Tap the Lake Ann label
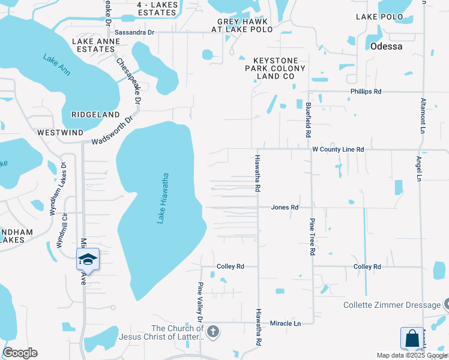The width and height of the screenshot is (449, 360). [x=56, y=65]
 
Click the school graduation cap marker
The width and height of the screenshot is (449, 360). [x=88, y=259]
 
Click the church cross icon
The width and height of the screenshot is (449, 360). [x=213, y=331]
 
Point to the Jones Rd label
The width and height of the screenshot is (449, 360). [x=285, y=207]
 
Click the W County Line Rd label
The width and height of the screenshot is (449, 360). [x=338, y=149]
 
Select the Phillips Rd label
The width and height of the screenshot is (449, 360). [x=366, y=91]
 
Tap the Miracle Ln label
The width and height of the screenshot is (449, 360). [x=285, y=323]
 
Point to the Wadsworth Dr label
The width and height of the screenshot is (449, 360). [x=111, y=134]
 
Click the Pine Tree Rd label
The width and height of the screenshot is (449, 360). [x=312, y=237]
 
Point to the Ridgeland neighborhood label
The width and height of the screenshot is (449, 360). [x=95, y=114]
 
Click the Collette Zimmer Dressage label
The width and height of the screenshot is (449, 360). [x=391, y=305]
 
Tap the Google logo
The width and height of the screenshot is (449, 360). [x=20, y=353]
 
